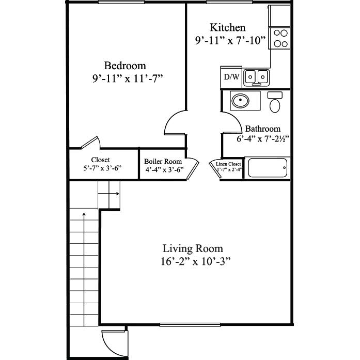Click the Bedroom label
[125, 66]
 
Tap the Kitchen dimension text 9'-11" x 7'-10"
[230, 40]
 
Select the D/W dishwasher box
[231, 77]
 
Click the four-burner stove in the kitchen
[280, 38]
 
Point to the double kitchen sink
[257, 77]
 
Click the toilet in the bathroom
[275, 102]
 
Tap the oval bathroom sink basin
[240, 100]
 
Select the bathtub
[268, 167]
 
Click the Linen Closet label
[228, 164]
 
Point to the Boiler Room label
[163, 161]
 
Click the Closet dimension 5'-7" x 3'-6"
[102, 168]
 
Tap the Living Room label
[193, 248]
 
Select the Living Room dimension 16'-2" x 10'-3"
[195, 261]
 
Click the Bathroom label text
[263, 129]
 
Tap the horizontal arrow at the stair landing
[108, 194]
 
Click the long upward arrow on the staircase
[84, 270]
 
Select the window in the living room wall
[190, 324]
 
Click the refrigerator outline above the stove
[279, 16]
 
